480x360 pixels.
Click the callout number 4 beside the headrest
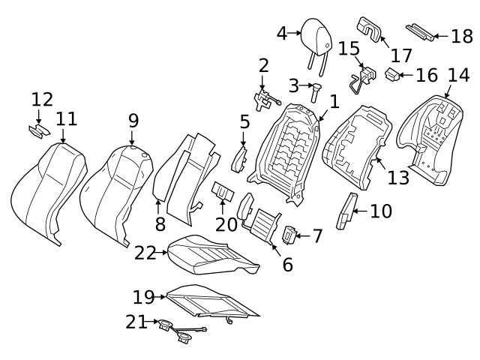(x=282, y=33)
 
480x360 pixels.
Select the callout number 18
(x=462, y=35)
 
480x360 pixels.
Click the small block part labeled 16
(x=392, y=73)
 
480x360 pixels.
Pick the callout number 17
(x=401, y=55)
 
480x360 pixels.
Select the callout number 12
(x=42, y=99)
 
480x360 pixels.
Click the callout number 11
(x=66, y=119)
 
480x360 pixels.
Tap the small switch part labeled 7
(x=290, y=235)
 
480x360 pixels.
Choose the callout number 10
(x=380, y=211)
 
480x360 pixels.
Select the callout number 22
(x=145, y=253)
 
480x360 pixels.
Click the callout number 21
(x=136, y=322)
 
